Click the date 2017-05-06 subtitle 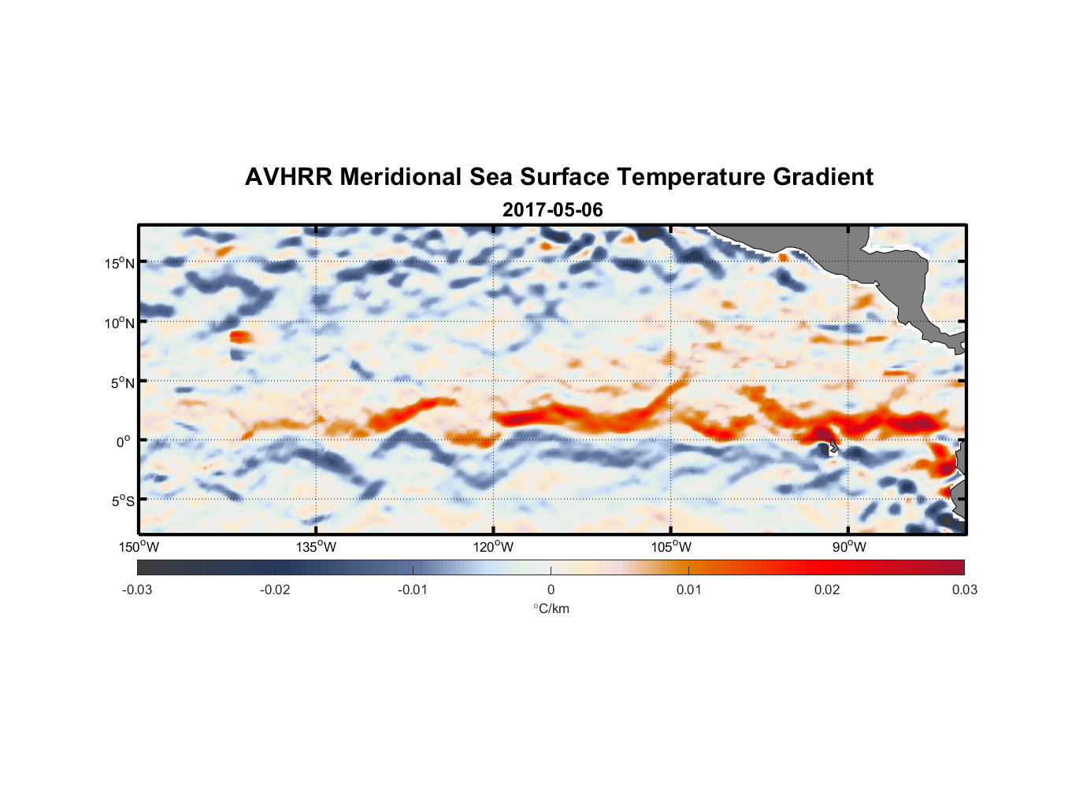tap(552, 210)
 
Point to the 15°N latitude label tap(119, 263)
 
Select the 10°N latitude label tap(119, 323)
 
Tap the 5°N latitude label tap(121, 382)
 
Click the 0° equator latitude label tap(124, 442)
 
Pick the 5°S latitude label tap(121, 501)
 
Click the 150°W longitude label tap(139, 547)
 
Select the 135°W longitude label tap(316, 547)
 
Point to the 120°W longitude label tap(493, 547)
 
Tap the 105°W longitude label tap(671, 547)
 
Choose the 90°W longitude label tap(849, 547)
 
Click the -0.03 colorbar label tap(137, 589)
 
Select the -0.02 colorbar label tap(275, 589)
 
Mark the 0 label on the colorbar tap(551, 589)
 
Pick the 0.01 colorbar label tap(688, 589)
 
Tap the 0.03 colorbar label tap(964, 589)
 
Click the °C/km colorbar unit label tap(551, 608)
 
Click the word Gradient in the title tap(823, 177)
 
